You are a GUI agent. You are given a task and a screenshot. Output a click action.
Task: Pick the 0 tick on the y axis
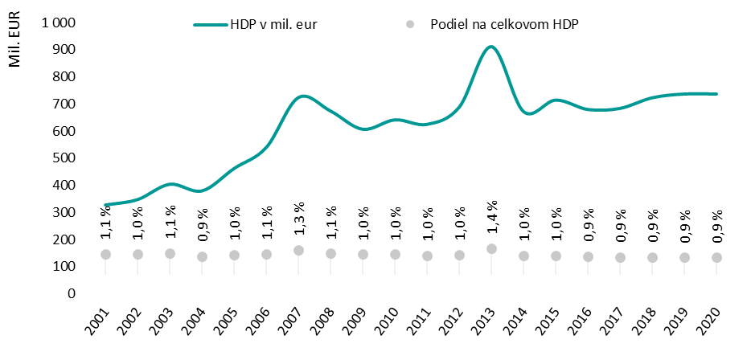point(72,293)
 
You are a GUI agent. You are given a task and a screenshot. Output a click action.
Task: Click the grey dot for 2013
point(491,249)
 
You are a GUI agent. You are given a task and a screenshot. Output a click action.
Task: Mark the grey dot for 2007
point(298,251)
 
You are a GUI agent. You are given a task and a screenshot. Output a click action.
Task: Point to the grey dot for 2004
point(202,257)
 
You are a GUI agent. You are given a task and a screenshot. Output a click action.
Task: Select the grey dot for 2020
point(716,257)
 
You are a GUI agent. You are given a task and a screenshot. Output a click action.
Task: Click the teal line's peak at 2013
point(490,47)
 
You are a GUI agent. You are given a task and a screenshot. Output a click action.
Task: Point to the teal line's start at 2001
point(105,205)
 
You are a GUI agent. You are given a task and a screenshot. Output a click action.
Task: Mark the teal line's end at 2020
point(716,94)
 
